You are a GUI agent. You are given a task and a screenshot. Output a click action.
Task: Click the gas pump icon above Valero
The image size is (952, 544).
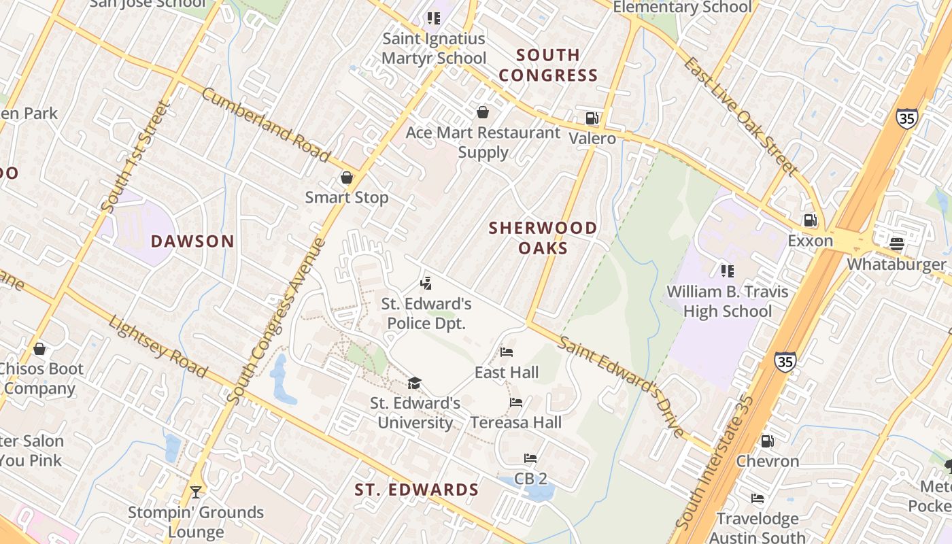click(x=592, y=118)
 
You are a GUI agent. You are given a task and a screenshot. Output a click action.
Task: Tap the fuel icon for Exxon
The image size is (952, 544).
click(x=810, y=220)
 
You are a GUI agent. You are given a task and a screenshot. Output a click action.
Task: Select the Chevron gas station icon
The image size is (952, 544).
click(x=767, y=441)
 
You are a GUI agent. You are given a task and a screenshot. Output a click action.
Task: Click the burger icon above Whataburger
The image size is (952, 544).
click(x=897, y=243)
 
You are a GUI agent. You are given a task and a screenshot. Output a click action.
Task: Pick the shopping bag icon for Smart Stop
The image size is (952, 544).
click(x=347, y=177)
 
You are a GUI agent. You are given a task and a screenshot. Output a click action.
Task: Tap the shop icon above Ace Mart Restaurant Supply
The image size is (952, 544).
click(x=483, y=112)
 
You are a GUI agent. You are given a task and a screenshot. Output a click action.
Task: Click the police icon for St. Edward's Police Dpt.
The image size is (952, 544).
click(x=426, y=283)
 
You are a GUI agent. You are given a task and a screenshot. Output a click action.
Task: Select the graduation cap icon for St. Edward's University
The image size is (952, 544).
click(x=415, y=383)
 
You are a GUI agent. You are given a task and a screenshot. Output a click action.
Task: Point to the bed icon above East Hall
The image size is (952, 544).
click(x=507, y=352)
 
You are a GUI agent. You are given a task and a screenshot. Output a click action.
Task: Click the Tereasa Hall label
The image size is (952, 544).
click(x=516, y=422)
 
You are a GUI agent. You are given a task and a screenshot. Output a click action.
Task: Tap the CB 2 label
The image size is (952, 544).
click(x=530, y=479)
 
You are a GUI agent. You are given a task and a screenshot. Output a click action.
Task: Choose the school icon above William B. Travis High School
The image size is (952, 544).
click(x=728, y=271)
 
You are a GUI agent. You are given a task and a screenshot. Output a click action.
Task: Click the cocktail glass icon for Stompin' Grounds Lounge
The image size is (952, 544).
click(x=196, y=492)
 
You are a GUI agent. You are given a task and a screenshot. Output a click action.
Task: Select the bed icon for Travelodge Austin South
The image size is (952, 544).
click(x=758, y=498)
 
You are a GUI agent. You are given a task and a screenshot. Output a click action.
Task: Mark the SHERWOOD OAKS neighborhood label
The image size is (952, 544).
click(x=543, y=237)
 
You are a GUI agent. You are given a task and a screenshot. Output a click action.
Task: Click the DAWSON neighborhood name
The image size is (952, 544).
click(x=192, y=241)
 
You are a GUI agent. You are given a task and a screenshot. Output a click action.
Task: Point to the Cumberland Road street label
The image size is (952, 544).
click(x=266, y=124)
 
